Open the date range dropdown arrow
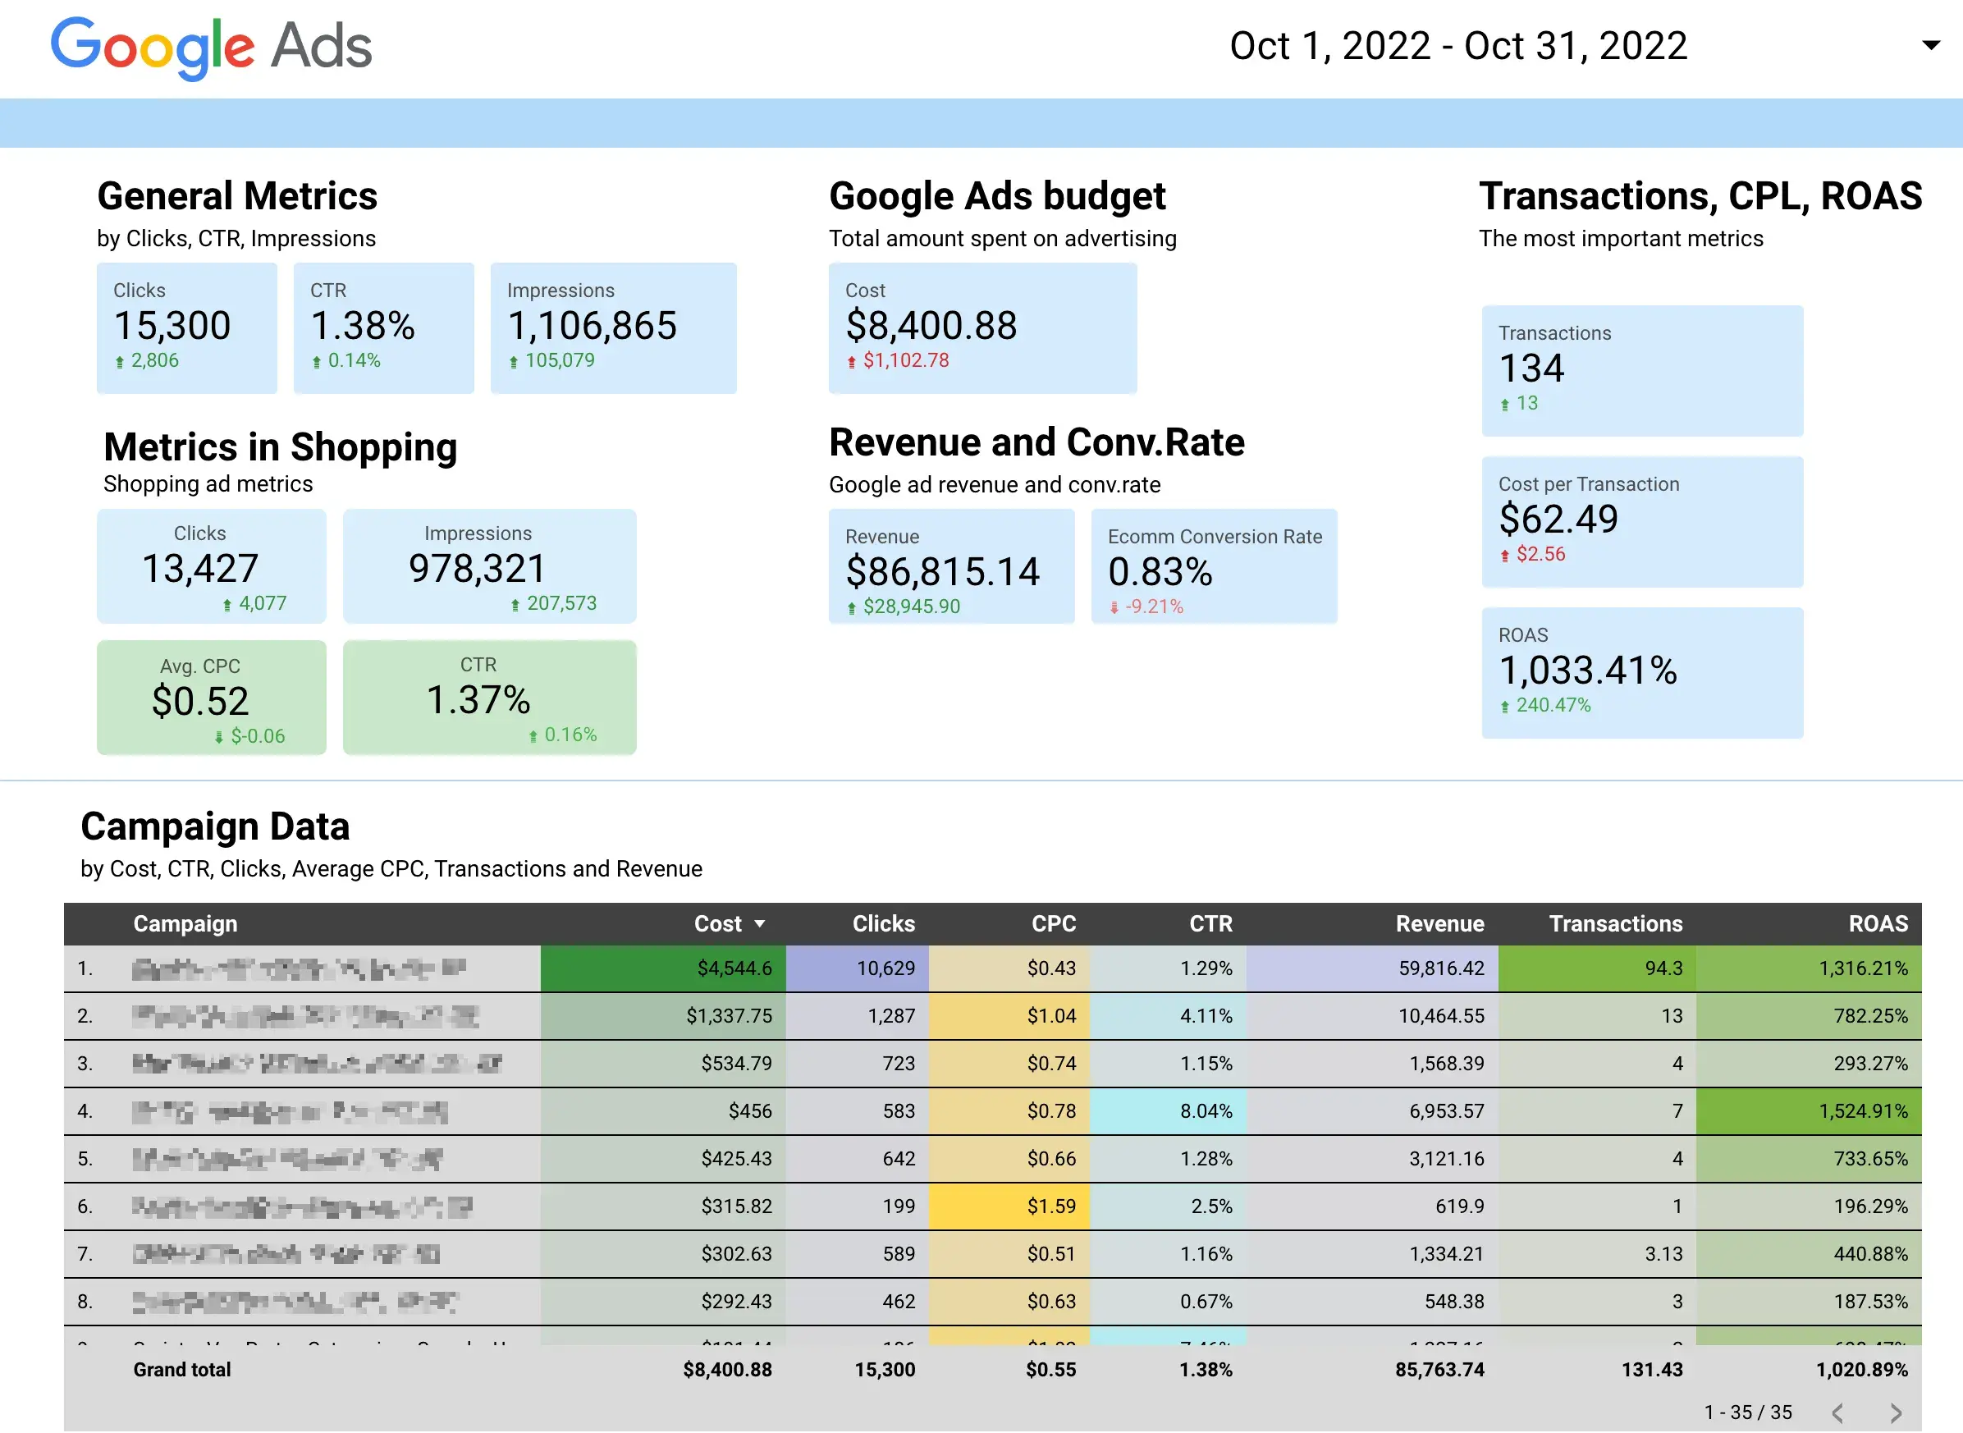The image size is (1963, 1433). click(1930, 45)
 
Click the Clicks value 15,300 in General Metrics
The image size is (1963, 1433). click(172, 326)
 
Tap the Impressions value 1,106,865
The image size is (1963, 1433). click(592, 326)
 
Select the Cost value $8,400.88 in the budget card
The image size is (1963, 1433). click(931, 326)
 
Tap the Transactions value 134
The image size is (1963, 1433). click(1531, 369)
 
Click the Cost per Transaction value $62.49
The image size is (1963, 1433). click(1558, 520)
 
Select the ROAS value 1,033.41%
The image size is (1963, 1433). click(1587, 671)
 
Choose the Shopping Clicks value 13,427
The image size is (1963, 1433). click(200, 569)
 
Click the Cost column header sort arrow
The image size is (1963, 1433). click(760, 924)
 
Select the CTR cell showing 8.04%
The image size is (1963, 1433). click(1205, 1111)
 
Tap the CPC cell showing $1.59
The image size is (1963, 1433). click(1050, 1206)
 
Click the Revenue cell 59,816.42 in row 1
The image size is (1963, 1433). click(1440, 968)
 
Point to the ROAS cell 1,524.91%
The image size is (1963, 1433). click(1862, 1111)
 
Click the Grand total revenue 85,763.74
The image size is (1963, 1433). click(1439, 1370)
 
